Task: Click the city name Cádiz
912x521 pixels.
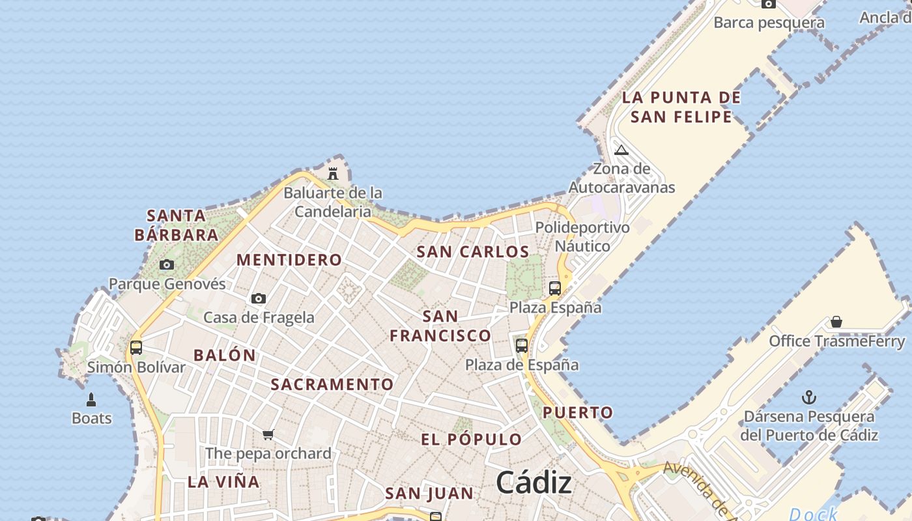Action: pyautogui.click(x=534, y=483)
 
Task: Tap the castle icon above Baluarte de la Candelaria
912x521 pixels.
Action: pyautogui.click(x=333, y=173)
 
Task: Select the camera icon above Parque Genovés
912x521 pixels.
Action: pyautogui.click(x=167, y=264)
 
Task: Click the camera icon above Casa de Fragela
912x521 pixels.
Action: pyautogui.click(x=259, y=298)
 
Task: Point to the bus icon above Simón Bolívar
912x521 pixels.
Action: pyautogui.click(x=136, y=347)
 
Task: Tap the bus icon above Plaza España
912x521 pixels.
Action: pyautogui.click(x=555, y=288)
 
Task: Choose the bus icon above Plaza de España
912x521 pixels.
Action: pyautogui.click(x=522, y=345)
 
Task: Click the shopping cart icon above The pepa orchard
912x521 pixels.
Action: pyautogui.click(x=268, y=434)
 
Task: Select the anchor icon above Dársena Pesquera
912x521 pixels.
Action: pyautogui.click(x=809, y=397)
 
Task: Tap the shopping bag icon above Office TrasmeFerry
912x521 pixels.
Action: pyautogui.click(x=836, y=322)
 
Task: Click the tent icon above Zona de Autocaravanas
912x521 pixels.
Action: pyautogui.click(x=621, y=150)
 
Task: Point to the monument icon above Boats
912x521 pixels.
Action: pyautogui.click(x=91, y=399)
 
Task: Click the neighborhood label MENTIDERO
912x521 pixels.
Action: pyautogui.click(x=289, y=260)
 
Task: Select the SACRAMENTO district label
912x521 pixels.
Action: pyautogui.click(x=332, y=384)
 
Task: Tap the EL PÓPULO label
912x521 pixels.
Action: pyautogui.click(x=472, y=440)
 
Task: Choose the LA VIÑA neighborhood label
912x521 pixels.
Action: pyautogui.click(x=223, y=483)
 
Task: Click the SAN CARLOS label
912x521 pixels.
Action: pyautogui.click(x=473, y=252)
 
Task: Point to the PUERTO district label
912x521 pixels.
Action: pyautogui.click(x=578, y=412)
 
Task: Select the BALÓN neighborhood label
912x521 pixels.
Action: pyautogui.click(x=225, y=356)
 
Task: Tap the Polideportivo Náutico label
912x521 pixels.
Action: pyautogui.click(x=582, y=236)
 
